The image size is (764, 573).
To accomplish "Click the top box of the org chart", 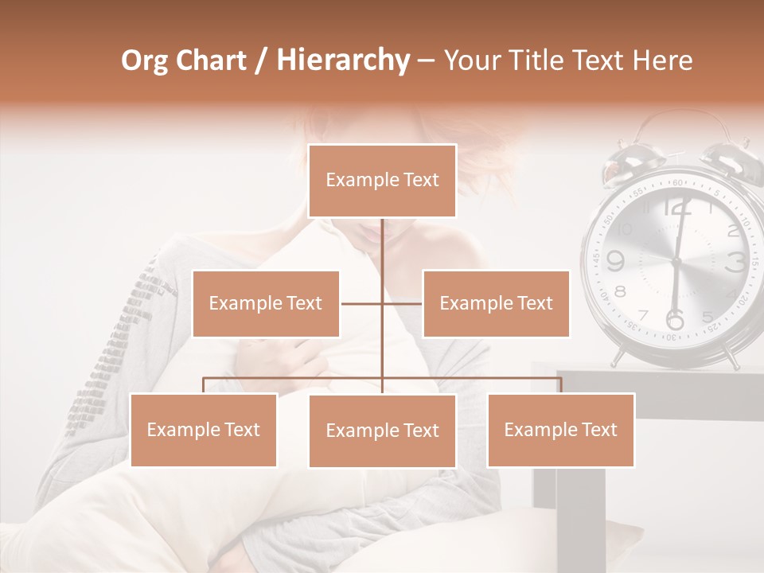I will pos(382,181).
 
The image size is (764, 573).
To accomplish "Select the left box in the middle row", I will pos(266,303).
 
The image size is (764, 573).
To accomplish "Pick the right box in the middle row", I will pos(496,303).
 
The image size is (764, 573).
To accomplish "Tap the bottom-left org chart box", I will pos(204,430).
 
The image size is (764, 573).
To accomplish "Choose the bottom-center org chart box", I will pos(382,431).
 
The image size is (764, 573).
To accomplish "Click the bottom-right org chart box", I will pos(560,430).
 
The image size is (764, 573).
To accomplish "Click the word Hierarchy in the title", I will pos(343,60).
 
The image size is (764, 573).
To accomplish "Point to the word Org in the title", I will pos(144,60).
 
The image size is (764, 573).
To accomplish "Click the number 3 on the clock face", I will pos(735,261).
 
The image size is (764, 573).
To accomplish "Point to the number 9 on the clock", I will pos(614,260).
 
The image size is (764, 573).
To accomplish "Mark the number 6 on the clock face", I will pos(674,320).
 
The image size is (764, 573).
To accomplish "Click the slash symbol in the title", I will pos(261,60).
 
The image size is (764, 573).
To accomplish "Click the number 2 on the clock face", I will pos(733,231).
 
